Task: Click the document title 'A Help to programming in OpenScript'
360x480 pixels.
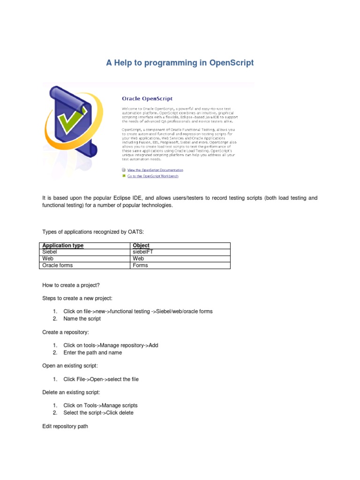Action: [x=180, y=63]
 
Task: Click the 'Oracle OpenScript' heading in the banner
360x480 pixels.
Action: [x=147, y=99]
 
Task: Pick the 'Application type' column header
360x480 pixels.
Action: [x=63, y=246]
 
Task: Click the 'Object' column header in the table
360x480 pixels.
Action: [x=141, y=246]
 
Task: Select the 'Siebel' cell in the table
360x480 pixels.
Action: [x=50, y=252]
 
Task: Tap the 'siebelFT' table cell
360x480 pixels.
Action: [x=143, y=252]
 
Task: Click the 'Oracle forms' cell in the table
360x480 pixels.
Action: [x=58, y=265]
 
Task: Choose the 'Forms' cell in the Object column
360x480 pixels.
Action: [x=140, y=265]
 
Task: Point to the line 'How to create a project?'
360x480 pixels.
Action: [x=71, y=285]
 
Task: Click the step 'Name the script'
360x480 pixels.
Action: [x=82, y=319]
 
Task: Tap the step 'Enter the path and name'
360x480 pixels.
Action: [x=92, y=352]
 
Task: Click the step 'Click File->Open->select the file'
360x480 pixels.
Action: [x=101, y=379]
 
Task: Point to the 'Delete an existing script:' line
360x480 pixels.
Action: [x=71, y=392]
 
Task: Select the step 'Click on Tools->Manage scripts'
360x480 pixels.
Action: [x=100, y=405]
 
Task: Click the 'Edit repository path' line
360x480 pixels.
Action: [x=65, y=427]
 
